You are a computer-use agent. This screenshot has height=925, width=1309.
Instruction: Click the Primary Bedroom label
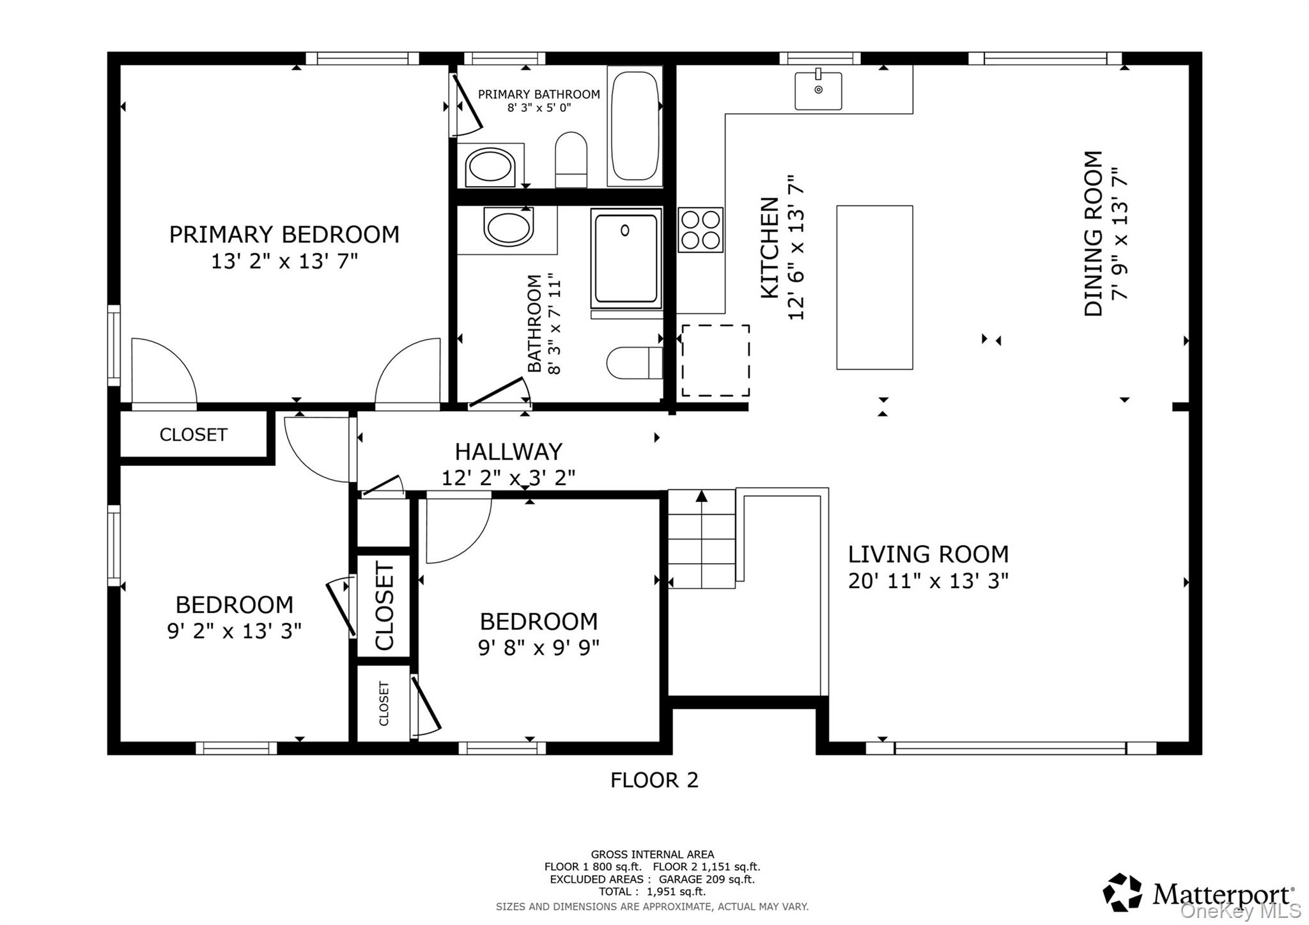tap(284, 235)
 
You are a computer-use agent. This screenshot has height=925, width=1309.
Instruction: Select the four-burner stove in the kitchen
tap(700, 229)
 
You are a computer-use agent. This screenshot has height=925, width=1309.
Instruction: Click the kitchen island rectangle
tap(874, 287)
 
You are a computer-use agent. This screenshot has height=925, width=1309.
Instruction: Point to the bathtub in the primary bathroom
tap(635, 126)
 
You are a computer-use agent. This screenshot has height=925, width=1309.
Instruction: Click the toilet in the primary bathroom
tap(571, 160)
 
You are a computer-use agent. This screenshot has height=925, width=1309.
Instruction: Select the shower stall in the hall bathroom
tap(626, 258)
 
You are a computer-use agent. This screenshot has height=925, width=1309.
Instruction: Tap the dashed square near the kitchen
tap(715, 361)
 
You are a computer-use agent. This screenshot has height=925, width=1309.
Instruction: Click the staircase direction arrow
tap(702, 495)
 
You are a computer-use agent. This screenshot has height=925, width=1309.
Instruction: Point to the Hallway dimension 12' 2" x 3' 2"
tap(508, 478)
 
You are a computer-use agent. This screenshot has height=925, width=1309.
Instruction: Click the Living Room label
tap(928, 554)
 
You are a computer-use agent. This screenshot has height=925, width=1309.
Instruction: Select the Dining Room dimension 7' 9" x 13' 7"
tap(1120, 233)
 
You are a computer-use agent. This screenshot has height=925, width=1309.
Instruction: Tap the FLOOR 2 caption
tap(654, 780)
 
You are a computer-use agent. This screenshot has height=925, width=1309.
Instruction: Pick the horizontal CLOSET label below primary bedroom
tap(193, 435)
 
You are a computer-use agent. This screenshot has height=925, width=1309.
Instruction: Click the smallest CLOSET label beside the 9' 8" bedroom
tap(383, 704)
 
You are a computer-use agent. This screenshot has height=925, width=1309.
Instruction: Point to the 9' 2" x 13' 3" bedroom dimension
tap(234, 631)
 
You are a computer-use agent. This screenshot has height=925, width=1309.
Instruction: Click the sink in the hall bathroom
tap(508, 226)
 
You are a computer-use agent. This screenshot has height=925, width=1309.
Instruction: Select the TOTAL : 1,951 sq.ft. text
tap(652, 891)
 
